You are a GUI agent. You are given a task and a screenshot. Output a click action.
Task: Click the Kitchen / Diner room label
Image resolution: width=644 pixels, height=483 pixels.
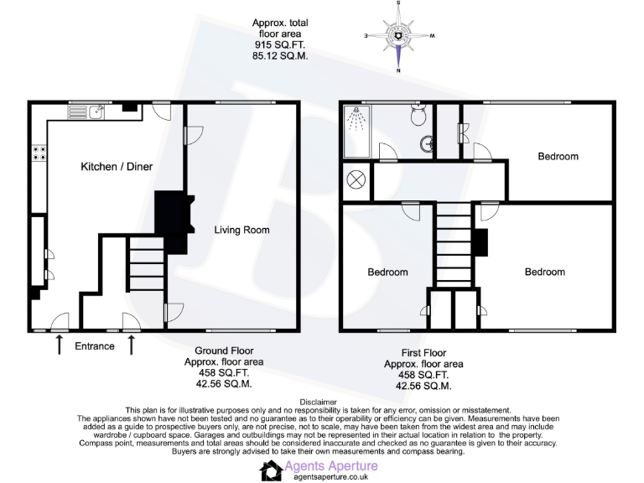click(117, 167)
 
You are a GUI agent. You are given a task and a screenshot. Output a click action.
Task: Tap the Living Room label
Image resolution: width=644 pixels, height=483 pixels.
click(241, 230)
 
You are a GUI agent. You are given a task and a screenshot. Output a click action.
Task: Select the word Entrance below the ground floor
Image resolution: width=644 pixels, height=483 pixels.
click(95, 345)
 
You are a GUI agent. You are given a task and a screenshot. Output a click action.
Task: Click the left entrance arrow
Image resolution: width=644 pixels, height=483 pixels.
click(59, 344)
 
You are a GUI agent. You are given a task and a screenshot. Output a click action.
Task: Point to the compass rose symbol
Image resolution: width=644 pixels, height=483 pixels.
click(399, 35)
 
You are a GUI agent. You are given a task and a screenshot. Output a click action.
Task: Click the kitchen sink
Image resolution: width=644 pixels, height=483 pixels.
click(97, 110)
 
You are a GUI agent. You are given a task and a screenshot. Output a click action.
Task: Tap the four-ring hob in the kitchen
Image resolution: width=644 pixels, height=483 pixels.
click(39, 153)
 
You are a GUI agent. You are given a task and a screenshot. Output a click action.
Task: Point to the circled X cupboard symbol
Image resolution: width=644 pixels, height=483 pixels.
click(356, 179)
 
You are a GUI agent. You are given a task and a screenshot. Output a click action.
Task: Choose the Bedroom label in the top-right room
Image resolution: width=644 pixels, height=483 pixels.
click(558, 156)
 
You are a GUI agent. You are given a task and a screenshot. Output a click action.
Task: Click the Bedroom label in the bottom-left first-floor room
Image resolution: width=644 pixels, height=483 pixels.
click(387, 272)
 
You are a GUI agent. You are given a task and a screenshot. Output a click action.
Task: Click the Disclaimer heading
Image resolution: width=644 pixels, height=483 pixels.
click(322, 402)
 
